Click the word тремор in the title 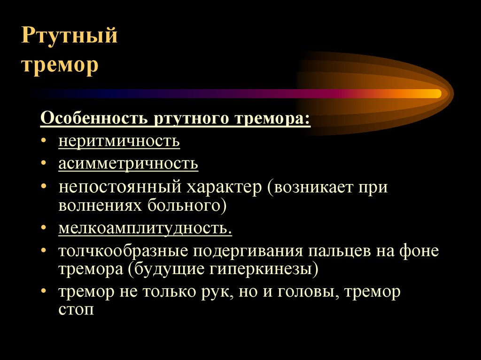click(x=60, y=66)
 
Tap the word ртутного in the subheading click(x=192, y=119)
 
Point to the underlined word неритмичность click(x=119, y=141)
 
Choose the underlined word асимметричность click(x=128, y=163)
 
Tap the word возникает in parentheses click(x=312, y=187)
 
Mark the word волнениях click(x=100, y=206)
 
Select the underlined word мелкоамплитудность click(x=145, y=229)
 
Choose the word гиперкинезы click(x=264, y=269)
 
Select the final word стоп click(x=76, y=310)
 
